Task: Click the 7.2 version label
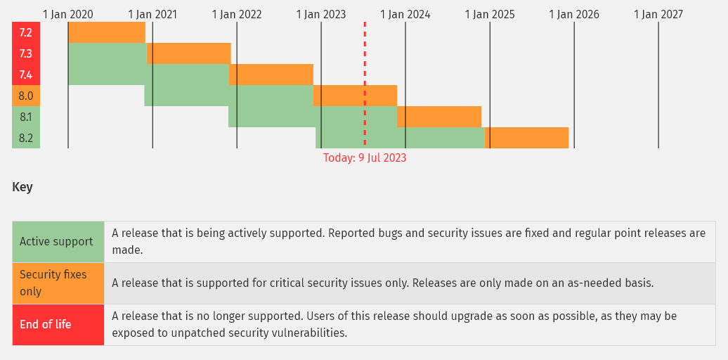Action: pos(26,32)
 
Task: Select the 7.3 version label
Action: pos(26,53)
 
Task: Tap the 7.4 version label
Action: pos(26,75)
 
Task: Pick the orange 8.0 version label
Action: pos(26,96)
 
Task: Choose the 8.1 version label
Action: pos(26,117)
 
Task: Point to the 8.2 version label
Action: pos(26,138)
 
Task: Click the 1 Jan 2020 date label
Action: pos(67,14)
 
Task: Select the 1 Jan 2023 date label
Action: pos(321,14)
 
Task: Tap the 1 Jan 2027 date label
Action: pos(658,14)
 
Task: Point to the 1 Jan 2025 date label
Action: pos(490,14)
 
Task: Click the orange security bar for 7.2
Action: pos(107,32)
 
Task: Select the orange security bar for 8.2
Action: pos(526,138)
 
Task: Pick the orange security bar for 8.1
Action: pos(438,117)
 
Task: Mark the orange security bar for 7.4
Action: pos(271,75)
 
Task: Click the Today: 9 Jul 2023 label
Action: pos(365,158)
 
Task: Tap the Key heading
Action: pos(22,188)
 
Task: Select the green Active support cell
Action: pos(58,242)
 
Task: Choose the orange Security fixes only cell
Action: pos(58,283)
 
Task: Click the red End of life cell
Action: pos(58,325)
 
